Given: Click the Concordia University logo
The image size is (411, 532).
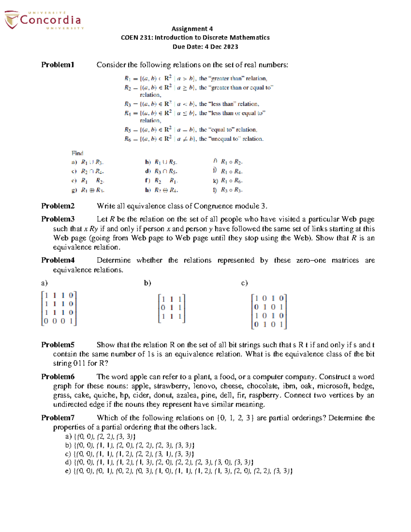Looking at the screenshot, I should (43, 20).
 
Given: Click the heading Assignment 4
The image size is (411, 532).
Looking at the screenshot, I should (192, 29).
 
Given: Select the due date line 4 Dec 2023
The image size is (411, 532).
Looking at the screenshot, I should (205, 47).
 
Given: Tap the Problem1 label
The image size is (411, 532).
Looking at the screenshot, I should (58, 65).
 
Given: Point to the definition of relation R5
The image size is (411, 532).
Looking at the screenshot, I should (190, 130).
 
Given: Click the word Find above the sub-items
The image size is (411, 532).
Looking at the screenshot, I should (77, 153).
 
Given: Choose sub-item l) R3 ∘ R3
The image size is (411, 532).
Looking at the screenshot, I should (228, 190).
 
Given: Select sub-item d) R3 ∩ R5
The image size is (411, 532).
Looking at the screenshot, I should (161, 172).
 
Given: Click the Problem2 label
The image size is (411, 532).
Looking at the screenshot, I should (58, 206).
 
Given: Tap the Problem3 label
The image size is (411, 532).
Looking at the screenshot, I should (58, 219).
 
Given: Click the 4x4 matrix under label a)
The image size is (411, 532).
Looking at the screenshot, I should (59, 308).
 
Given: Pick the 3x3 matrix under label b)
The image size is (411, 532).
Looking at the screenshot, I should (171, 308).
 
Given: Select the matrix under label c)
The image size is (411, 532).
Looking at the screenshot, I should (269, 311).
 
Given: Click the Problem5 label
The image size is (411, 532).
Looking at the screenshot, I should (58, 345).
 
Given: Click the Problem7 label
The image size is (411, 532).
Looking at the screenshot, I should (58, 418).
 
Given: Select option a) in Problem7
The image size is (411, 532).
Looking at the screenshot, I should (100, 436).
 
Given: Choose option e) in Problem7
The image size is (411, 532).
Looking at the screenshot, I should (178, 471).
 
